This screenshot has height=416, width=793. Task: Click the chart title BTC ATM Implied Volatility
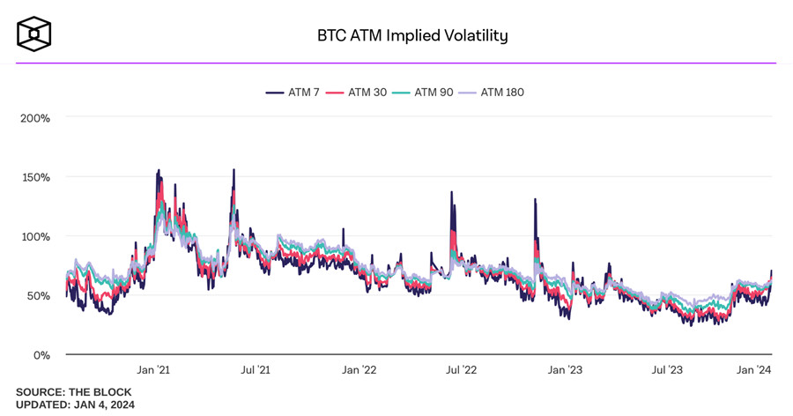(412, 35)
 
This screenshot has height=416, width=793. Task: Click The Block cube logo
(33, 33)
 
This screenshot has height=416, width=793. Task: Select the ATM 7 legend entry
(293, 92)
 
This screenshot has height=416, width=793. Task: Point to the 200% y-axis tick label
(35, 118)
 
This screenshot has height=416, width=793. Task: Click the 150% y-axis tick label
(35, 177)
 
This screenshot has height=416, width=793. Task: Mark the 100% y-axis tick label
(35, 236)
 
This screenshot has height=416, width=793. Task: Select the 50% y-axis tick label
(38, 296)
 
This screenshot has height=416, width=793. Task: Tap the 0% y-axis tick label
(41, 355)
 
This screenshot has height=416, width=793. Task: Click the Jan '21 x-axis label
(153, 370)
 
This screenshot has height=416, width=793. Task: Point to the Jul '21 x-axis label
(256, 370)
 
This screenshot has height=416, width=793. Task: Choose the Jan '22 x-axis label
(359, 370)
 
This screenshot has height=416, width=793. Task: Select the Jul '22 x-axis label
(461, 370)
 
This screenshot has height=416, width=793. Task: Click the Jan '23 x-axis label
(564, 370)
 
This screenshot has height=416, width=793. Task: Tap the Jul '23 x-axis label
(667, 370)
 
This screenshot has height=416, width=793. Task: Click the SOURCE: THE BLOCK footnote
(73, 392)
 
